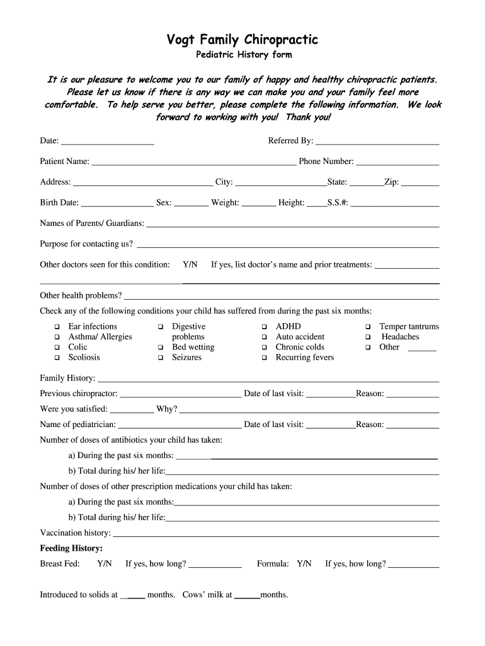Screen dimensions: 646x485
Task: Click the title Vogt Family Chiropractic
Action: click(x=242, y=40)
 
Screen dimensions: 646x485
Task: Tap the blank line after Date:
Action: click(x=108, y=142)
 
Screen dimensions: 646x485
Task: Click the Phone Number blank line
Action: click(x=397, y=163)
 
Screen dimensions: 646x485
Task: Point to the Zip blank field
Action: click(x=420, y=184)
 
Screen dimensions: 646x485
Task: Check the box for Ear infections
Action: click(x=57, y=327)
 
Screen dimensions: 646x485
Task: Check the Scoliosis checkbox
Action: click(x=57, y=358)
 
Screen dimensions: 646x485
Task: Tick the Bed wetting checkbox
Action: click(x=161, y=348)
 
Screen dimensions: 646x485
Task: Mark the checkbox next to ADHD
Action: click(x=265, y=327)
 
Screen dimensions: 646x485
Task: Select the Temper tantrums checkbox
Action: click(x=368, y=327)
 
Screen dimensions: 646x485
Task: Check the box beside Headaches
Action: click(x=368, y=337)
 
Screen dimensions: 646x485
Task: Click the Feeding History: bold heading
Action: click(x=71, y=548)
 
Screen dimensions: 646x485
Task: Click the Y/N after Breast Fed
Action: click(x=105, y=564)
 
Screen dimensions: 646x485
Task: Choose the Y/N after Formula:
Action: click(x=304, y=564)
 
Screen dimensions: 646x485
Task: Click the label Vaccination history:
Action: click(x=75, y=533)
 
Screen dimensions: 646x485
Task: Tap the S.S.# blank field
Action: click(x=398, y=204)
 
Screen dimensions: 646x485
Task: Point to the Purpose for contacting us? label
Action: click(x=86, y=244)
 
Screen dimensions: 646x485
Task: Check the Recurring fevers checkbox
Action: click(x=265, y=358)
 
